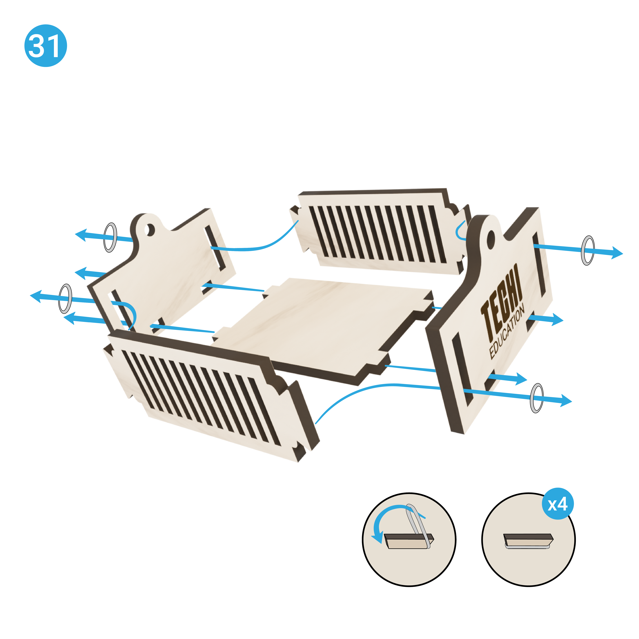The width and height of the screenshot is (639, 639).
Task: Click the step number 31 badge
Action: pos(46,46)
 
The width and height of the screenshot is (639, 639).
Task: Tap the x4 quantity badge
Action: pos(558,504)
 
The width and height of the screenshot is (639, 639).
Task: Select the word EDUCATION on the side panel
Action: pos(507,332)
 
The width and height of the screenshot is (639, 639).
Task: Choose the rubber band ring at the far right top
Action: pos(587,250)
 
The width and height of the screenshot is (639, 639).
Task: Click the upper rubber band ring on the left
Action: pos(110,238)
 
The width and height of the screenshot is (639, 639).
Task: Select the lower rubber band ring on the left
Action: pos(65,299)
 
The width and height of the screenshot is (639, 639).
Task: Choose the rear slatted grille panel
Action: pos(380,232)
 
